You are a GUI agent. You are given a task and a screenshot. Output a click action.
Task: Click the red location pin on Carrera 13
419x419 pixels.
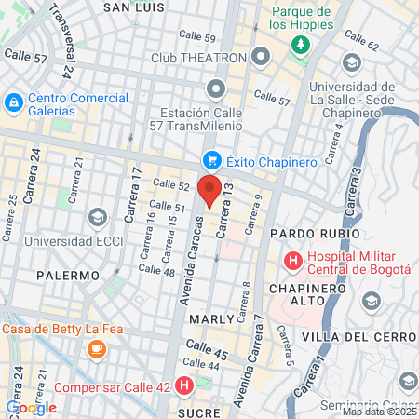(209, 190)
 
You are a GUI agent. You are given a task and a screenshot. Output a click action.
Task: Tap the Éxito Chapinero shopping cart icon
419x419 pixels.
(211, 161)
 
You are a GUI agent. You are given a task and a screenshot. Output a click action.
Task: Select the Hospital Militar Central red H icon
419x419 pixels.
(292, 261)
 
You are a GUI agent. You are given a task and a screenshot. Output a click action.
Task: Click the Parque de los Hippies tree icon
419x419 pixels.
(301, 44)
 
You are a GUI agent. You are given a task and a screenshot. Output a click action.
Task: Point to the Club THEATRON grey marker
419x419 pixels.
(260, 58)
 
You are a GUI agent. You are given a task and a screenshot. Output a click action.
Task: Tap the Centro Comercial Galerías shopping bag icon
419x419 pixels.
(14, 101)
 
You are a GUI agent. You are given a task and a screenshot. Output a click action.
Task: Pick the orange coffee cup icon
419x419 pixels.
(96, 348)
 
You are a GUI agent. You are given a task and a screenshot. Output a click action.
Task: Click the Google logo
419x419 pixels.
(31, 407)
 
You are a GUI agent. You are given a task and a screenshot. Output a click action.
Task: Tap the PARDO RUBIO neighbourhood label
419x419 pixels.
(314, 232)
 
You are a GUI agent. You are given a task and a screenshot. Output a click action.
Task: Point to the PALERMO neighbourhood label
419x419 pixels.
(68, 276)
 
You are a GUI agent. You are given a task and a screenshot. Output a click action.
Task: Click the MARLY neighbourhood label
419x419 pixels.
(210, 318)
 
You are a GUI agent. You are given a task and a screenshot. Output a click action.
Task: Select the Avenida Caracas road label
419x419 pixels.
(187, 259)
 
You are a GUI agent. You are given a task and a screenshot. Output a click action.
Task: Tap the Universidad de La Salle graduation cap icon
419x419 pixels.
(352, 62)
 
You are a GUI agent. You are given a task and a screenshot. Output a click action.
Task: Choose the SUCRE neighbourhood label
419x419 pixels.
(199, 410)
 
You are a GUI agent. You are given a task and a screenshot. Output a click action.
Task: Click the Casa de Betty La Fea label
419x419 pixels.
(54, 329)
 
